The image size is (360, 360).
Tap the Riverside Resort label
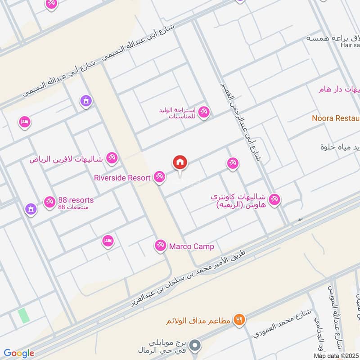(122, 178)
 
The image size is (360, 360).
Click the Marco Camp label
(191, 247)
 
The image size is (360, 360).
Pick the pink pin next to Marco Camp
(159, 246)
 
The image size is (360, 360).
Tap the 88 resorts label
(76, 200)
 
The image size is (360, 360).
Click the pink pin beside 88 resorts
(49, 202)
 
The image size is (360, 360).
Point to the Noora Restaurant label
(336, 118)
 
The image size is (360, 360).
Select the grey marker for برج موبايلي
(194, 346)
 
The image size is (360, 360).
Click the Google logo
(18, 354)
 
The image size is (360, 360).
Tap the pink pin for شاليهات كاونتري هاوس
(274, 199)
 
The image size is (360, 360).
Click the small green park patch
(24, 315)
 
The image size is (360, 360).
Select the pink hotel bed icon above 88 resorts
(25, 122)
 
